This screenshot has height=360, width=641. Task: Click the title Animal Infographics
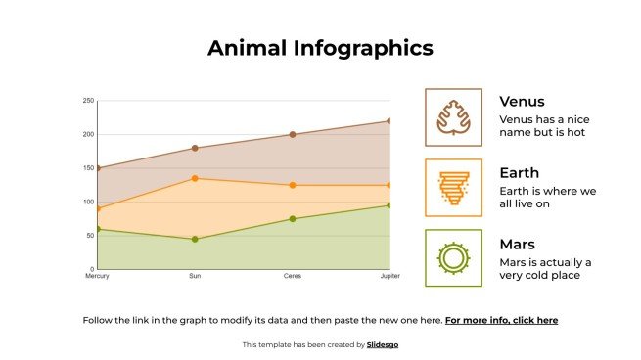pos(320,48)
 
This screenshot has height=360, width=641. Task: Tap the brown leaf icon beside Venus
pos(453,116)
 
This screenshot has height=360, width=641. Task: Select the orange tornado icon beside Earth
pos(453,187)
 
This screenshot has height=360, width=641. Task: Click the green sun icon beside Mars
pos(453,258)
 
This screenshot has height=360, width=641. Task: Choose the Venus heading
pos(522,102)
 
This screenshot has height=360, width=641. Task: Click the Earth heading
pos(519,173)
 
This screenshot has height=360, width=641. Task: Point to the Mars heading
pos(517,245)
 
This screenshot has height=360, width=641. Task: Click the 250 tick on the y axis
pos(88,101)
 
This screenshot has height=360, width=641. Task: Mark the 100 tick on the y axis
pos(88,202)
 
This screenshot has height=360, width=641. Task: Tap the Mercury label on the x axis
pos(97,277)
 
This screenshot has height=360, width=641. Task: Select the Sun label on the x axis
pos(195,277)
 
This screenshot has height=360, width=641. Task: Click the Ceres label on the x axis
pos(293,277)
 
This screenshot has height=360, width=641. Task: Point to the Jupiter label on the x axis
pos(389,277)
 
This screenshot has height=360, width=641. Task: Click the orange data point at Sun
pos(195,178)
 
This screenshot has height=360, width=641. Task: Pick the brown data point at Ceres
pos(293,135)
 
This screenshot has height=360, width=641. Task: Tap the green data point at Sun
pos(195,239)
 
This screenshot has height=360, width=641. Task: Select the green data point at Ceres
pos(293,219)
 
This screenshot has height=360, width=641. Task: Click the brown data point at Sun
pos(195,149)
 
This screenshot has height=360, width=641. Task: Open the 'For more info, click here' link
pos(501,320)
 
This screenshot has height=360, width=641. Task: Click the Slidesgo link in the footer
pos(383,344)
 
